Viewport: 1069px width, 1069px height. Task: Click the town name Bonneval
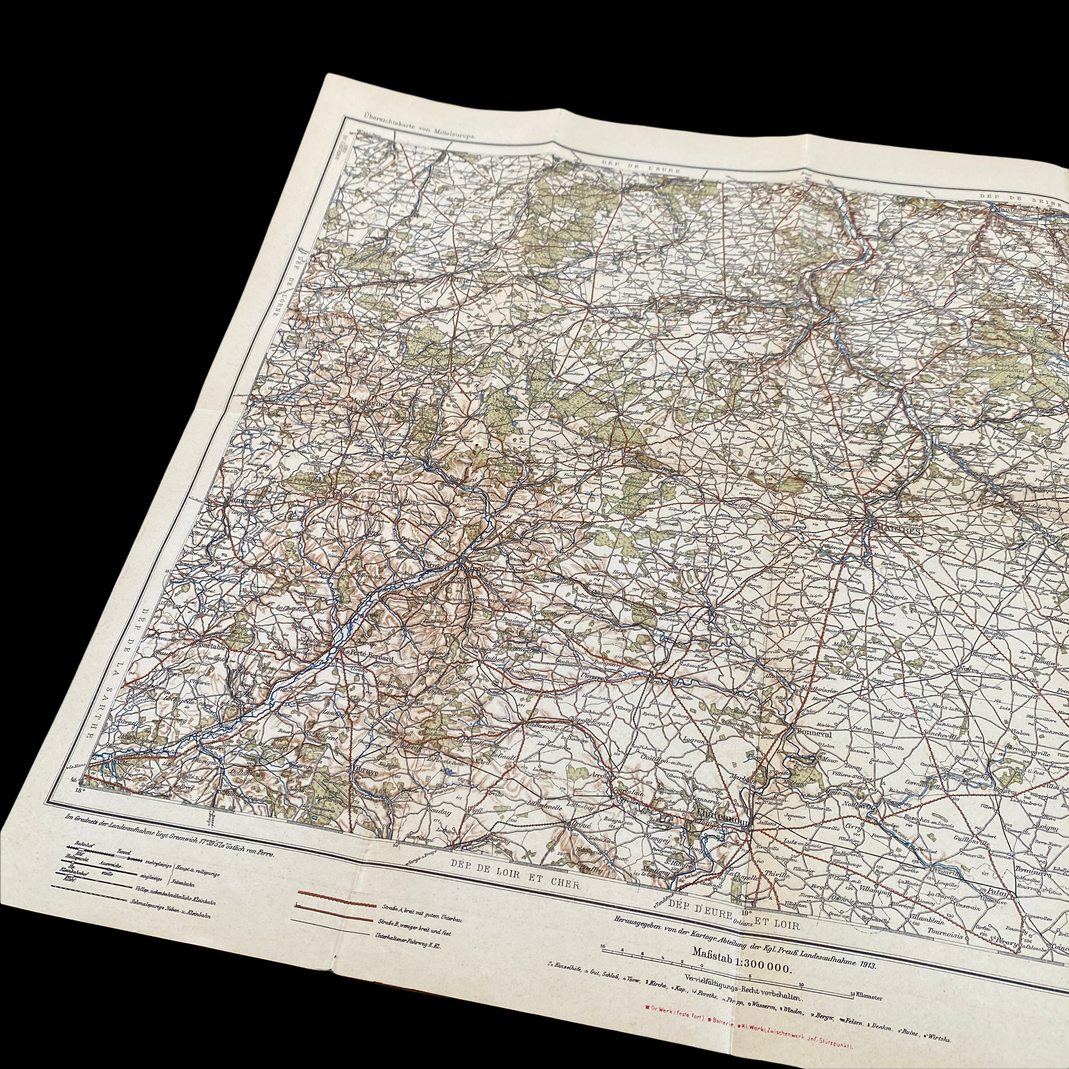click(x=811, y=730)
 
